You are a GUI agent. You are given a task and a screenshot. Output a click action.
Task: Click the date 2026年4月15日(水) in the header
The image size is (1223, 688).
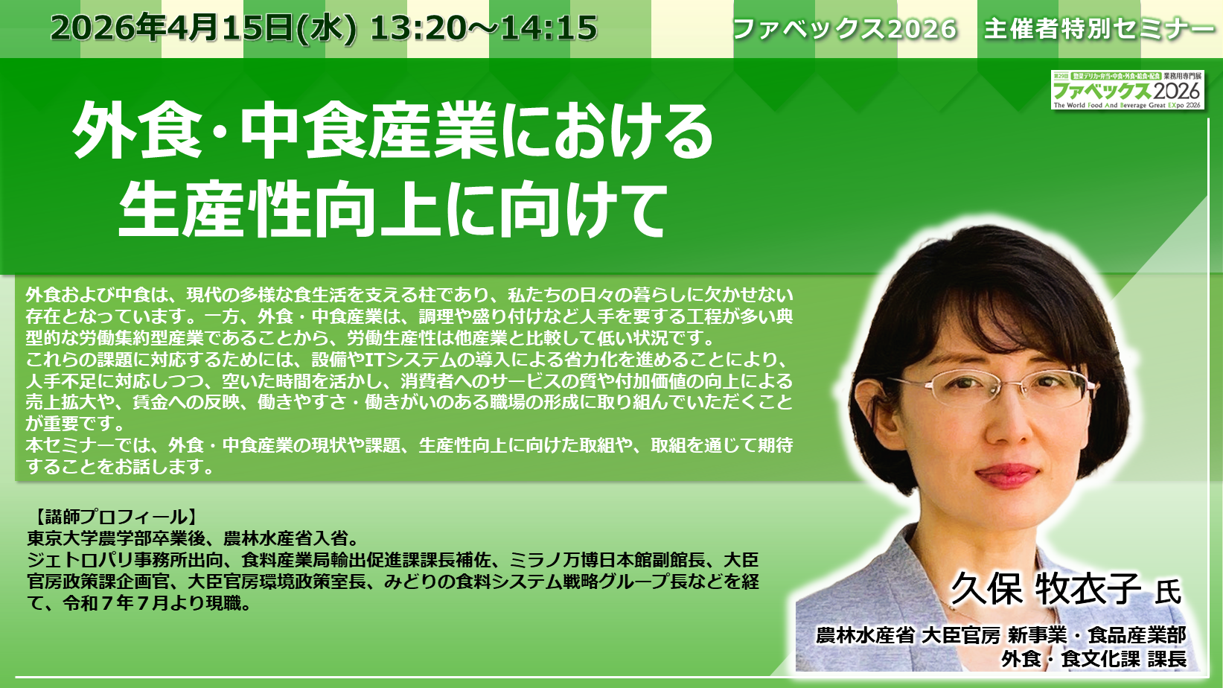pyautogui.click(x=204, y=28)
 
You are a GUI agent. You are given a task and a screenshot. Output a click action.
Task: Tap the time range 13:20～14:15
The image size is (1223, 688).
pyautogui.click(x=484, y=28)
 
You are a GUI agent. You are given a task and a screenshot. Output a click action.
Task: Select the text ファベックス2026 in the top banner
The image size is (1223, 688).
pyautogui.click(x=845, y=29)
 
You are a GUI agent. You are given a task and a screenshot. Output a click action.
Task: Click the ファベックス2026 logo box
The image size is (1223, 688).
pyautogui.click(x=1128, y=89)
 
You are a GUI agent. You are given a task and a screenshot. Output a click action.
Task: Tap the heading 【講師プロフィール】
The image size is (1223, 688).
pyautogui.click(x=115, y=516)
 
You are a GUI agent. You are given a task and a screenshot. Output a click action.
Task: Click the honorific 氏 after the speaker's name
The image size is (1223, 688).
pyautogui.click(x=1168, y=591)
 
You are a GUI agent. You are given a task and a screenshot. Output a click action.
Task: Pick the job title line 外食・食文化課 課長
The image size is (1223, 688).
pyautogui.click(x=1093, y=658)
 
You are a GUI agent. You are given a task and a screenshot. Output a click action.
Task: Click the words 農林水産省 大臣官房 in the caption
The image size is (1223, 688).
pyautogui.click(x=908, y=635)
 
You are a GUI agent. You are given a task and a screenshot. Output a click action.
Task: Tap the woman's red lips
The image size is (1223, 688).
pyautogui.click(x=1007, y=474)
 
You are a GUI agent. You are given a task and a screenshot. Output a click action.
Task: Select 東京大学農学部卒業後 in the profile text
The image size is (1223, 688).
pyautogui.click(x=116, y=539)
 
